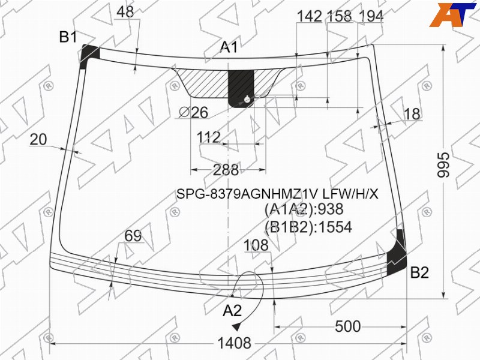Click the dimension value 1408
234,343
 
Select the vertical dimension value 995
443,164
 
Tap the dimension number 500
348,326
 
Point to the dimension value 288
226,170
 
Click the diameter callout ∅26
193,112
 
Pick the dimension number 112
208,137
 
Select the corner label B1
68,37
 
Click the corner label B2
419,272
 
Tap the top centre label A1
229,47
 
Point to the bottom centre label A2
232,311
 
